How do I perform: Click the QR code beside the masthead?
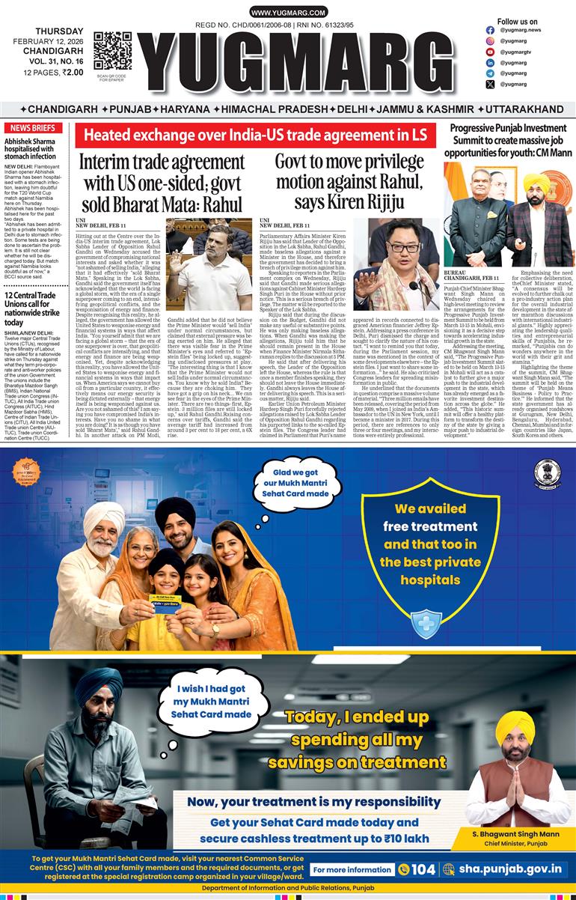click(x=112, y=51)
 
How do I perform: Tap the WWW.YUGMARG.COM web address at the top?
click(x=288, y=13)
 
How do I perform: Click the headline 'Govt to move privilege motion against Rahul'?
click(x=349, y=182)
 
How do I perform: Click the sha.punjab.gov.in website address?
click(x=506, y=869)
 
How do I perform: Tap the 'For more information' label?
click(x=352, y=869)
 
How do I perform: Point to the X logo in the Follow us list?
click(x=490, y=85)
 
